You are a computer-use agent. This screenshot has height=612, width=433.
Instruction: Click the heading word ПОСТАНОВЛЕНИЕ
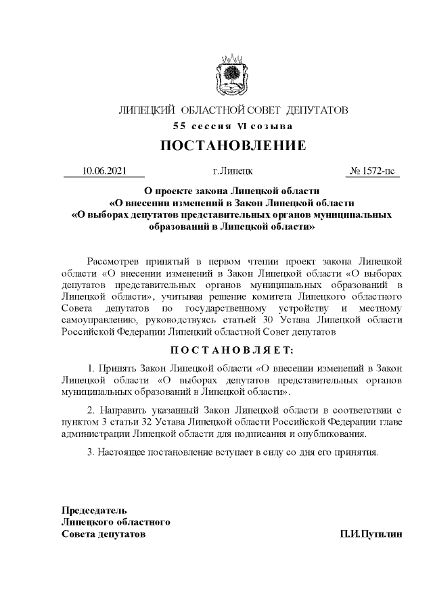coord(233,146)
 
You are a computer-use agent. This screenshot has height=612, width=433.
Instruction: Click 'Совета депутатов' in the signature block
coord(104,534)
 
